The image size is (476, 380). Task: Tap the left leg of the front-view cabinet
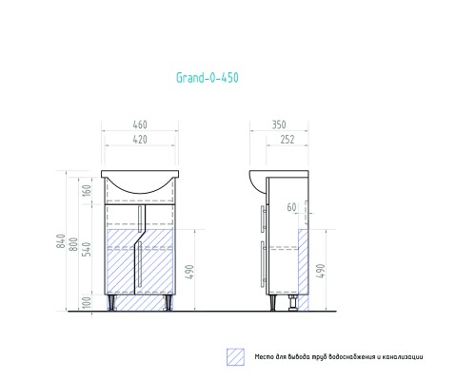115,303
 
